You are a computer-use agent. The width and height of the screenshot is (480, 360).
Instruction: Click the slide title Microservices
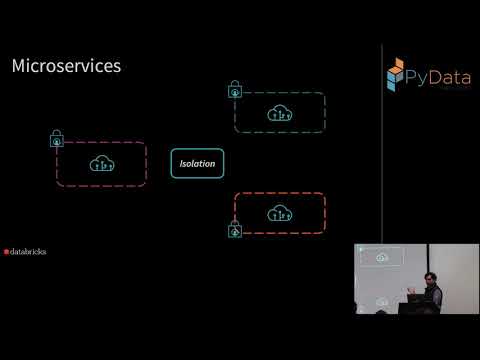point(65,66)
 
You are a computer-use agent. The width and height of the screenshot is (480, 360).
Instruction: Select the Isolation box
point(197,163)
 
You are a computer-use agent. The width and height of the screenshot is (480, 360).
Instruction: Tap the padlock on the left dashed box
point(56,139)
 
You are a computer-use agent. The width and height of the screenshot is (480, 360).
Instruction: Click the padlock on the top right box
point(235,90)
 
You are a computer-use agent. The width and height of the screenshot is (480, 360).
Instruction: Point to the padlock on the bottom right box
point(235,230)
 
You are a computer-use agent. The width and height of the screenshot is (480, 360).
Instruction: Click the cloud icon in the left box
point(101,163)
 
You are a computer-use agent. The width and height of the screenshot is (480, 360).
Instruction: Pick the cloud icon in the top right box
point(280,113)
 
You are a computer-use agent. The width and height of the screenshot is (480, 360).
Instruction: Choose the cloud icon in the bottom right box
point(280,212)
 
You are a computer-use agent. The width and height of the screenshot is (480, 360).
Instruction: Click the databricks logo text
point(28,252)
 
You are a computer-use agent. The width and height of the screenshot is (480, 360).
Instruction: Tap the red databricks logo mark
point(7,252)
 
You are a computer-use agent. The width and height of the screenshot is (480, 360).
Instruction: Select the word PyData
point(437,73)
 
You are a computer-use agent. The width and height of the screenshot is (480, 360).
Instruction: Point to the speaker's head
point(431,283)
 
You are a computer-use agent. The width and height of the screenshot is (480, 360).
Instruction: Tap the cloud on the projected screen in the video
point(381,258)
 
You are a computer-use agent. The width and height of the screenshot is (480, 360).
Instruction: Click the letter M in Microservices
point(18,66)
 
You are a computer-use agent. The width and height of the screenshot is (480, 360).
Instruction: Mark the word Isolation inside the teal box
point(197,163)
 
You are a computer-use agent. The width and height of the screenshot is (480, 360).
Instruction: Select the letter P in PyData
point(419,73)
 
